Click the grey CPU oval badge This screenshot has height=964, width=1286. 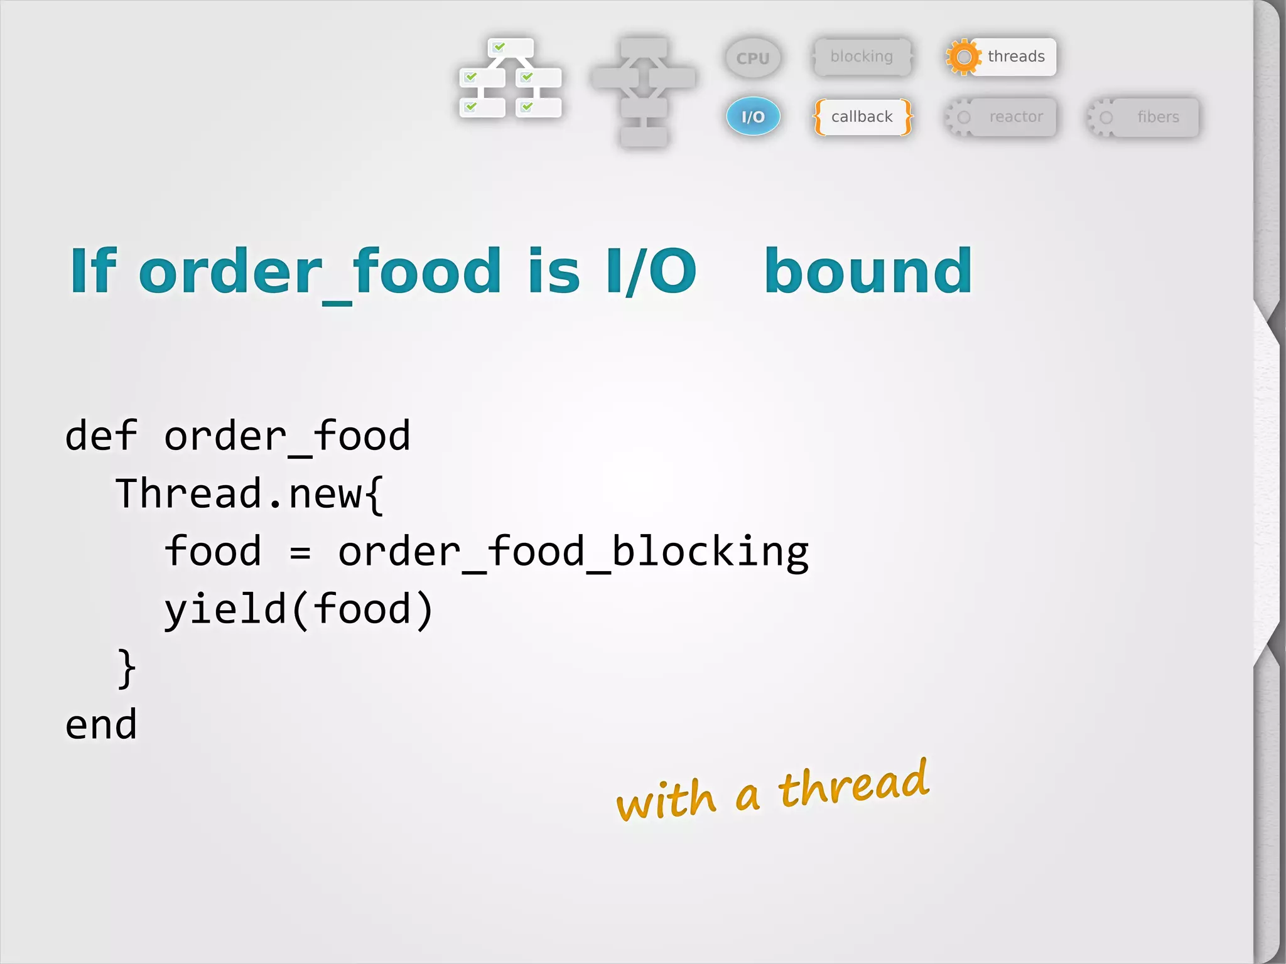click(x=753, y=58)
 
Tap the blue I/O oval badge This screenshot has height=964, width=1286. click(x=753, y=117)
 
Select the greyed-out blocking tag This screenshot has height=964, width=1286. click(x=862, y=56)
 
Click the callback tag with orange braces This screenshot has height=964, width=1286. click(x=862, y=117)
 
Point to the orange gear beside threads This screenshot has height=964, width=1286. click(x=963, y=57)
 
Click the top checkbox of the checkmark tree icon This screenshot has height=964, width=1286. click(x=510, y=48)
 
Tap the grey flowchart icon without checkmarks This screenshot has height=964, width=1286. click(x=644, y=91)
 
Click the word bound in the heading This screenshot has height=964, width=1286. click(x=868, y=271)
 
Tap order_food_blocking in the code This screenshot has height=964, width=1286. click(x=573, y=552)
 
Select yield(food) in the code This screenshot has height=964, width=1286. click(x=299, y=610)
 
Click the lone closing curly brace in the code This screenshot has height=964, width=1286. click(x=126, y=668)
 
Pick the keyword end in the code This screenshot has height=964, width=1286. click(x=100, y=724)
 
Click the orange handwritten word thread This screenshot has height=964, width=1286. click(x=854, y=785)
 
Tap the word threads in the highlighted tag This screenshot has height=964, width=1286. click(x=1015, y=56)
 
